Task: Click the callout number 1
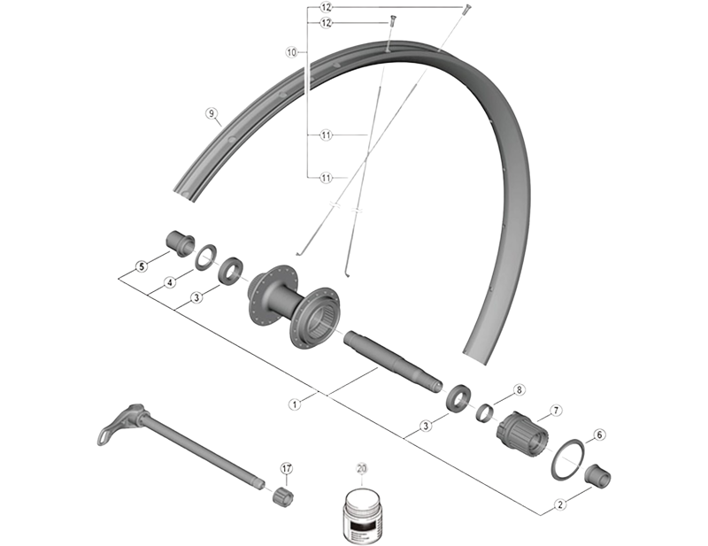[x=294, y=403]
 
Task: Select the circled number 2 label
[x=559, y=505]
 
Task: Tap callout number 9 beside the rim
[x=211, y=113]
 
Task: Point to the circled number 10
[x=291, y=52]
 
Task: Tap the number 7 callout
[x=556, y=410]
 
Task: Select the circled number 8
[x=519, y=389]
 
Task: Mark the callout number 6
[x=599, y=434]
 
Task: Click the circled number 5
[x=141, y=265]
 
